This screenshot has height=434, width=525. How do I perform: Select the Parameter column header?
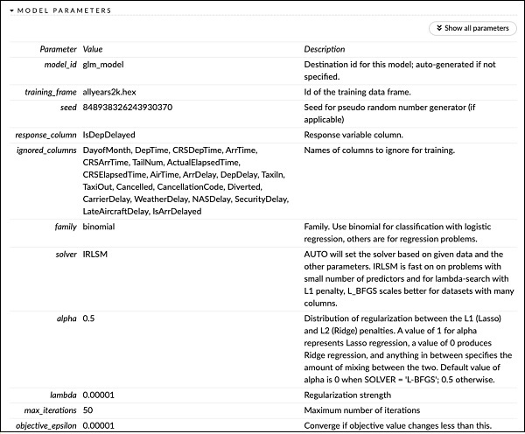coord(59,49)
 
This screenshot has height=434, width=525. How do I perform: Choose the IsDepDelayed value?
coord(108,136)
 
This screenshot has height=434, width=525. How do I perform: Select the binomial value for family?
coord(99,227)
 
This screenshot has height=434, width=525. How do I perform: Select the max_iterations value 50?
coord(87,409)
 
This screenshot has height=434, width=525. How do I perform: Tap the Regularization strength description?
coord(346,395)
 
